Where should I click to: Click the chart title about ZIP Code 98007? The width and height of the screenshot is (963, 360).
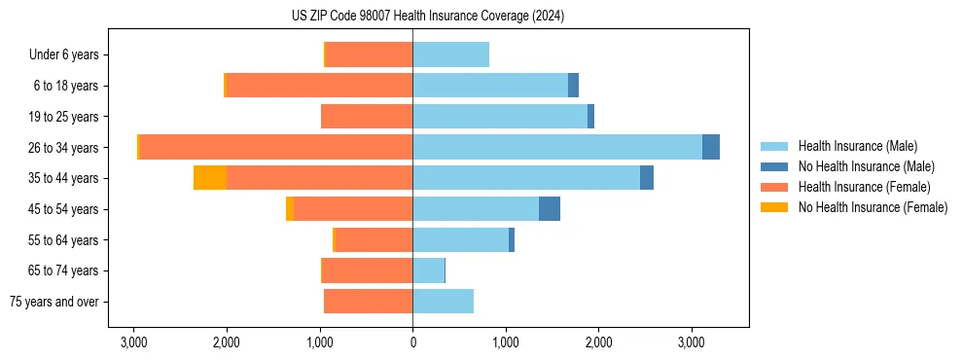tap(427, 17)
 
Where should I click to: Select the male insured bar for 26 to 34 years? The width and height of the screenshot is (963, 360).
tap(557, 147)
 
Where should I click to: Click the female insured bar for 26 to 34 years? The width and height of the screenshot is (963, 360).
tap(276, 147)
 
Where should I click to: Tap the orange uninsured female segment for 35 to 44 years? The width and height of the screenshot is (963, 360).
tap(210, 178)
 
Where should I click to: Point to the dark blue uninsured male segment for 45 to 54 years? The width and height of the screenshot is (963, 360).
tap(550, 208)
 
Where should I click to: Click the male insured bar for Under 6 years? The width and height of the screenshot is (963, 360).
tap(450, 54)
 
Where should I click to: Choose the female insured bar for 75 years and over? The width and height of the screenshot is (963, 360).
tap(368, 302)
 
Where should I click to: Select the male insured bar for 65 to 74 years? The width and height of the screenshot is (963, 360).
tap(428, 270)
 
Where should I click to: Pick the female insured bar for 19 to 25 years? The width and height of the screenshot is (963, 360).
tap(367, 117)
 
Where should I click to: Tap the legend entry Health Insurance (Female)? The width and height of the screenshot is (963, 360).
tap(864, 187)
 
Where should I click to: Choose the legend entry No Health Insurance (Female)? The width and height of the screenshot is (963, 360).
tap(873, 207)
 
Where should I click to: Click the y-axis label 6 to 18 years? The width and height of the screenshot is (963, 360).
tap(66, 86)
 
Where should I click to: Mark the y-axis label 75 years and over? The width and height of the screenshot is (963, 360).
tap(54, 302)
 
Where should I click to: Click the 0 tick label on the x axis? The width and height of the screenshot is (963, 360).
tap(412, 342)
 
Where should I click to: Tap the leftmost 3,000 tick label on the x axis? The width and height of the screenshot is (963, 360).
tap(133, 342)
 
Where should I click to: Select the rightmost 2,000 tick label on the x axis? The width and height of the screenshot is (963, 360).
tap(598, 342)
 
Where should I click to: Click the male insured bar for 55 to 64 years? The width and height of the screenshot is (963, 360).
tap(460, 239)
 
